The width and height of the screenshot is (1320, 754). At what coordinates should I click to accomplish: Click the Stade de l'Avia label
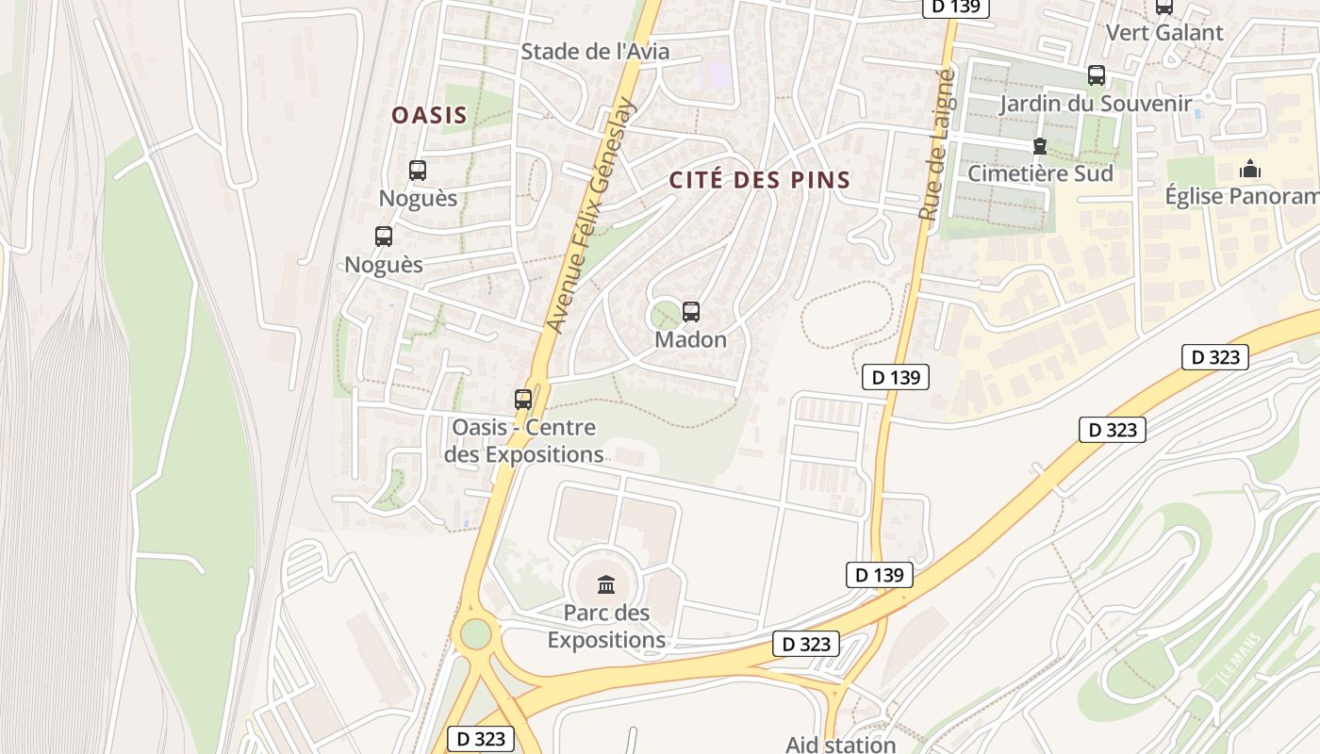pyautogui.click(x=595, y=52)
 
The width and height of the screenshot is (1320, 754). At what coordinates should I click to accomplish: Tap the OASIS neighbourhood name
pyautogui.click(x=429, y=115)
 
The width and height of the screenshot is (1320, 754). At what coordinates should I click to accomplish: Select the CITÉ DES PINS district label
pyautogui.click(x=760, y=179)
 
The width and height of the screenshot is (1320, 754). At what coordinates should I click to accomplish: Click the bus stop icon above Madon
pyautogui.click(x=691, y=312)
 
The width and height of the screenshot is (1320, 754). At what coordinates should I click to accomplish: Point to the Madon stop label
pyautogui.click(x=691, y=339)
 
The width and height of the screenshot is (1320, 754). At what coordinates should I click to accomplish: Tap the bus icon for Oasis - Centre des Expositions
pyautogui.click(x=523, y=400)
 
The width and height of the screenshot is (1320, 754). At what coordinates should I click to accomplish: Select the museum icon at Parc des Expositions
pyautogui.click(x=606, y=585)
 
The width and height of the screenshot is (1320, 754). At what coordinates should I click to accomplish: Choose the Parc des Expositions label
pyautogui.click(x=606, y=626)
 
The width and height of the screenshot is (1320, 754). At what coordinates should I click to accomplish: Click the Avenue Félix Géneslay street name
pyautogui.click(x=592, y=215)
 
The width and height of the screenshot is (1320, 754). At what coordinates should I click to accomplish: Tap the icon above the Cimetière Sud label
pyautogui.click(x=1040, y=146)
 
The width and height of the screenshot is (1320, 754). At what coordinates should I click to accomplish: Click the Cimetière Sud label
pyautogui.click(x=1040, y=173)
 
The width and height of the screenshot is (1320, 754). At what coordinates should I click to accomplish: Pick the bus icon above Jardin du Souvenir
pyautogui.click(x=1096, y=75)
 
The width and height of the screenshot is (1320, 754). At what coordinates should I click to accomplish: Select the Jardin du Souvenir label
pyautogui.click(x=1096, y=103)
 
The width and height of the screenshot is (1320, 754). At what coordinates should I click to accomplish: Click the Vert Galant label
pyautogui.click(x=1164, y=32)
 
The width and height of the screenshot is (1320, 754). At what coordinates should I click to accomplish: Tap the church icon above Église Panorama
pyautogui.click(x=1250, y=170)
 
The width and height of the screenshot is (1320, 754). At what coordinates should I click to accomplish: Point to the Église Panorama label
pyautogui.click(x=1242, y=196)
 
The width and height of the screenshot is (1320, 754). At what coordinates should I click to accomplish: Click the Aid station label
pyautogui.click(x=840, y=744)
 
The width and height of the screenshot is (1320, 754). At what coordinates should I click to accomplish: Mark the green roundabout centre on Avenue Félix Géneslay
pyautogui.click(x=476, y=633)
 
